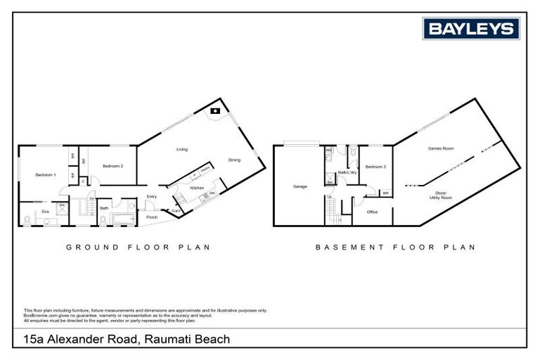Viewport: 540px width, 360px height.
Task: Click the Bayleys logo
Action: pos(471,29)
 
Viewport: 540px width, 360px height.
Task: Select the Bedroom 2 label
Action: pos(112,166)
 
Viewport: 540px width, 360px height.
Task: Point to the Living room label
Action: pos(182,149)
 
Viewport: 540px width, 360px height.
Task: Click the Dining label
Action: pos(234,160)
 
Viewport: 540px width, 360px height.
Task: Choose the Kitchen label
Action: pos(197,188)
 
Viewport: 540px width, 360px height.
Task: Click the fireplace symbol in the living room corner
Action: pos(217,111)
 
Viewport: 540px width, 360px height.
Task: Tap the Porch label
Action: pos(152,217)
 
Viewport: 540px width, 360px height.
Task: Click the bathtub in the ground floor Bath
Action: pos(127,219)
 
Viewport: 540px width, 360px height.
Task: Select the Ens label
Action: pos(45,211)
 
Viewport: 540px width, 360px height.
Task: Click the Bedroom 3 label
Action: pos(375,167)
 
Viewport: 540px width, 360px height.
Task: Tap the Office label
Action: pos(373,211)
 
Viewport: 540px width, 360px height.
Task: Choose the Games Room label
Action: pos(441,148)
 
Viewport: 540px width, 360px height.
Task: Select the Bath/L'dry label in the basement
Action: pos(347,172)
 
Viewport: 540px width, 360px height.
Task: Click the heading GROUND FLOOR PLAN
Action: pos(138,247)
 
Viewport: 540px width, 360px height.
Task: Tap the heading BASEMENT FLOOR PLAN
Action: pos(395,247)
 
